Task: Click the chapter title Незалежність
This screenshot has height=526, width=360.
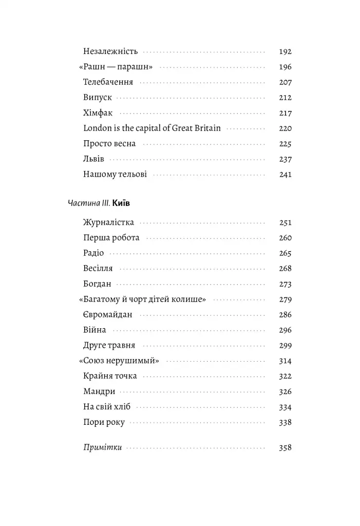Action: coord(110,51)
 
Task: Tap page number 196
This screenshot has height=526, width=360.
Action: coord(285,67)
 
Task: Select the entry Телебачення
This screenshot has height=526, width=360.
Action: coord(108,82)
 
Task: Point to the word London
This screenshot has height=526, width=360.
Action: coord(97,128)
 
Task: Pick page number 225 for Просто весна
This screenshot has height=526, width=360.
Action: coord(285,144)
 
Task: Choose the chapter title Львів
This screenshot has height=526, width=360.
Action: coord(93,159)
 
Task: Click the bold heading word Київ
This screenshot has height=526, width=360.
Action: coord(121,203)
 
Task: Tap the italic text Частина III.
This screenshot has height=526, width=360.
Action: coord(88,203)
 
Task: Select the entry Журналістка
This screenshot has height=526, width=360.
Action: coord(108,222)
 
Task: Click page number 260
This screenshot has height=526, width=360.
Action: coord(285,238)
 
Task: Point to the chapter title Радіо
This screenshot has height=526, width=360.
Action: coord(93,253)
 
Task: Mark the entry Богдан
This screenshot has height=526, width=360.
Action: coord(97,284)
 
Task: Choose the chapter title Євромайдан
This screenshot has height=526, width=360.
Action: coord(107,315)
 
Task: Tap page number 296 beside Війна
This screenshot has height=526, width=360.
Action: coord(285,330)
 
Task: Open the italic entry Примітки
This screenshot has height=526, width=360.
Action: coord(102,447)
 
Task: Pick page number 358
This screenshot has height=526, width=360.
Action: coord(285,447)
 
